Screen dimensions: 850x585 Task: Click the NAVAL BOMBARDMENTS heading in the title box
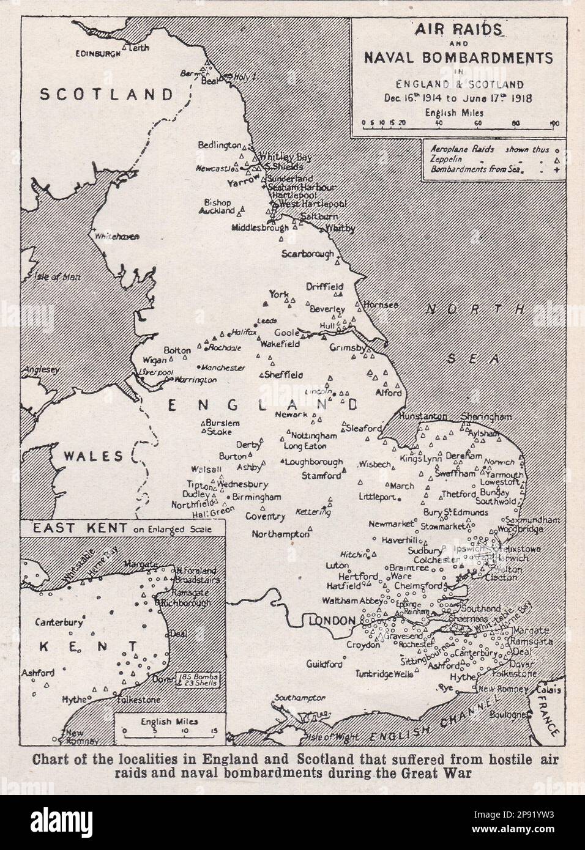458,57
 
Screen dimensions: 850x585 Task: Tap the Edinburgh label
97,54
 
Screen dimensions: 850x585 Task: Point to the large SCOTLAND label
106,94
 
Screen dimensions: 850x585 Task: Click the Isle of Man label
45,276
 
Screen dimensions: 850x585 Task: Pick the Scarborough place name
308,254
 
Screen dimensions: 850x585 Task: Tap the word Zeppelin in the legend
444,159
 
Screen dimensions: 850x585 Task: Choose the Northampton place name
281,534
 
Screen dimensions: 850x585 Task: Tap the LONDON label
332,621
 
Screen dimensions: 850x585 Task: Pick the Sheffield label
283,375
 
